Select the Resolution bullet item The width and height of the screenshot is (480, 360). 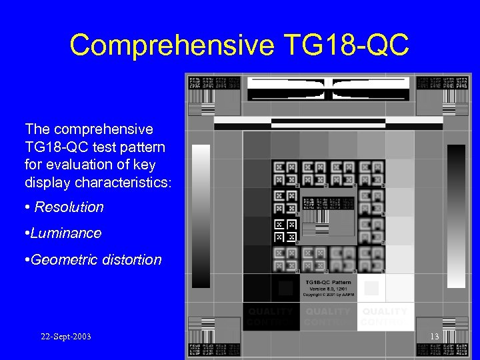point(69,207)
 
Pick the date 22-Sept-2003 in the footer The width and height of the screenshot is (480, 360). point(66,337)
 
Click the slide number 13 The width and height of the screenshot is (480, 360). point(434,337)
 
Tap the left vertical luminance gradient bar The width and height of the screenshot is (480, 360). point(201,216)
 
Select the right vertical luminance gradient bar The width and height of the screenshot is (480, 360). point(456,216)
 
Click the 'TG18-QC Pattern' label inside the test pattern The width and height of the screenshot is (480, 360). point(328,283)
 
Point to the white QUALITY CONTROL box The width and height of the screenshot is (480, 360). point(385,317)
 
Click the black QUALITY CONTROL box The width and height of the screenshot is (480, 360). point(270,317)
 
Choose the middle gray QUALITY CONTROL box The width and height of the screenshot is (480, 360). point(327,317)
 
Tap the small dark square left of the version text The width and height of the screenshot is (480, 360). point(285,288)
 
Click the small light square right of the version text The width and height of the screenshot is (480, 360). point(371,288)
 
